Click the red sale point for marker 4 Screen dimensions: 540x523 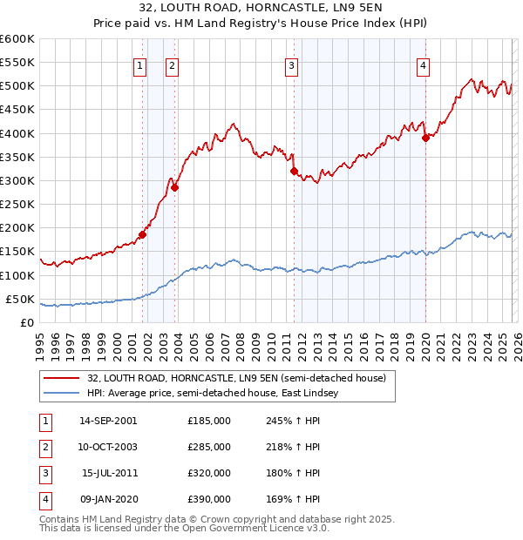tap(425, 138)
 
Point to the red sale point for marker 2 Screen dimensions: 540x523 tap(174, 187)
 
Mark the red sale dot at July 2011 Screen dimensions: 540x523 tap(294, 171)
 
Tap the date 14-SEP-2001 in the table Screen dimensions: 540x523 tap(108, 421)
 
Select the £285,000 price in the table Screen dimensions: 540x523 tap(209, 447)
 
